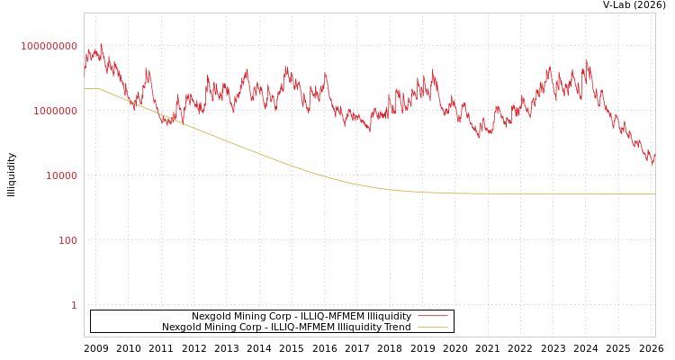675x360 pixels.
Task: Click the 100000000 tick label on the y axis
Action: coord(49,46)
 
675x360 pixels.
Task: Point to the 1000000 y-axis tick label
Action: coord(55,111)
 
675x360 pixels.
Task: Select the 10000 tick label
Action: coord(61,175)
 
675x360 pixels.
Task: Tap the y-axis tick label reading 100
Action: coord(68,240)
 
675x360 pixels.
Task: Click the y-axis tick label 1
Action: coord(74,305)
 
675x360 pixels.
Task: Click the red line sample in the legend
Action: coord(433,317)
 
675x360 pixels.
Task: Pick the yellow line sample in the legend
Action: coord(433,328)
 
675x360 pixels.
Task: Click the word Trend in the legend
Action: coord(397,328)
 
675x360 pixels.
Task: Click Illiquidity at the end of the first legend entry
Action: coord(386,317)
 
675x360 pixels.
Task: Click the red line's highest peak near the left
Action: coord(101,44)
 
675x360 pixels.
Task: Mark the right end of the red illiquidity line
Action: coord(654,158)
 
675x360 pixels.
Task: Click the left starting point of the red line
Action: coord(85,76)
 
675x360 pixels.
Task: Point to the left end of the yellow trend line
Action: coord(85,88)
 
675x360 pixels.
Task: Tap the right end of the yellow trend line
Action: coord(654,193)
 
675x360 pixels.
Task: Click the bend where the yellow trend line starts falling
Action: coord(99,88)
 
